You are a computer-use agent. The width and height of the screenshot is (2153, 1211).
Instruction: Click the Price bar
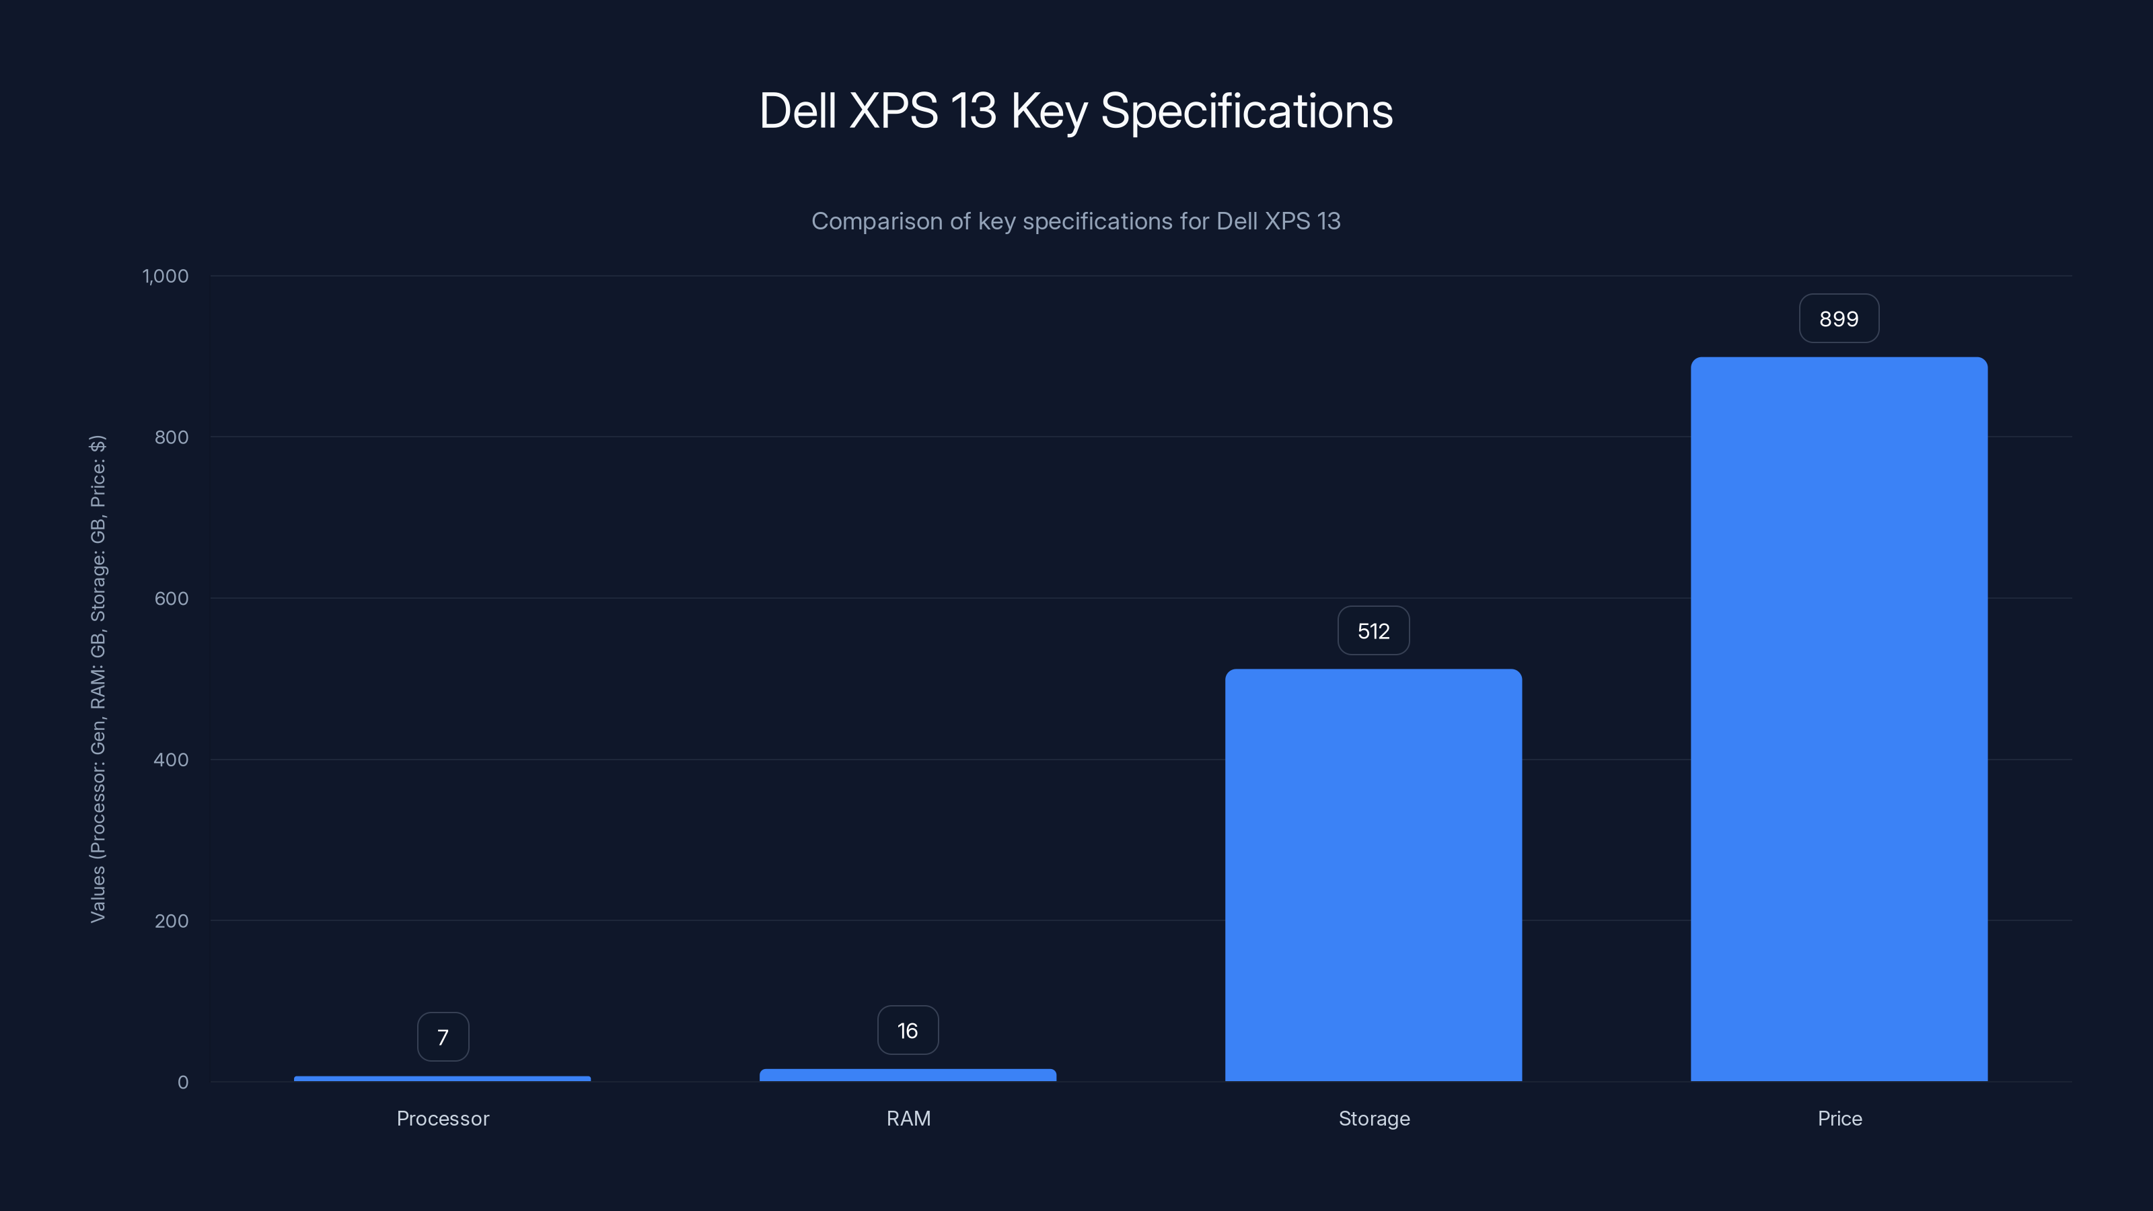(x=1839, y=719)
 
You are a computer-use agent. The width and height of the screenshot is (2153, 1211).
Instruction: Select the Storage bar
(x=1373, y=875)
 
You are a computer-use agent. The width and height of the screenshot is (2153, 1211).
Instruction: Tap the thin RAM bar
(x=908, y=1075)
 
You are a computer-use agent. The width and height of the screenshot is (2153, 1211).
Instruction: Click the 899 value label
(x=1839, y=318)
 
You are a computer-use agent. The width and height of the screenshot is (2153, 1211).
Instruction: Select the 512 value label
(x=1373, y=631)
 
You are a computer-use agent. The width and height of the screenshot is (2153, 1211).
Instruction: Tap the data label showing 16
(x=908, y=1031)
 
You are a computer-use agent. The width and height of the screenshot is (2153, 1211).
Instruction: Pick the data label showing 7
(x=443, y=1037)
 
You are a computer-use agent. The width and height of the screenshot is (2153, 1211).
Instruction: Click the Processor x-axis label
(x=443, y=1118)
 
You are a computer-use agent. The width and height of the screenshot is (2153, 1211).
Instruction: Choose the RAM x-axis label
(x=908, y=1118)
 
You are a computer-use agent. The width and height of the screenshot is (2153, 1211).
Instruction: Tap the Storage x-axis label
(x=1374, y=1118)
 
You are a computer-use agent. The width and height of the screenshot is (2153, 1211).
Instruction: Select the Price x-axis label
(x=1839, y=1118)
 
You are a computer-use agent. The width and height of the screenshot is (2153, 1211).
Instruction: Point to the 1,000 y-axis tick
(x=166, y=276)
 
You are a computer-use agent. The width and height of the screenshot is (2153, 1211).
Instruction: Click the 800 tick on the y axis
(x=172, y=437)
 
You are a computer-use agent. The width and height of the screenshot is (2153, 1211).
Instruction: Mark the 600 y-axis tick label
(x=172, y=598)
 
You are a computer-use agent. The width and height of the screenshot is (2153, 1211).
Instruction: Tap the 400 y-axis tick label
(x=172, y=760)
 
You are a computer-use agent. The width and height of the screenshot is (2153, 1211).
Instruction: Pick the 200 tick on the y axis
(x=172, y=921)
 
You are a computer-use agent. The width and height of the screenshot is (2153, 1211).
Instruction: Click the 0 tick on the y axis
(x=183, y=1082)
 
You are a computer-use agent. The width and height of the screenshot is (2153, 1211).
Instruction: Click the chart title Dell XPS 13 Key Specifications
(x=1076, y=110)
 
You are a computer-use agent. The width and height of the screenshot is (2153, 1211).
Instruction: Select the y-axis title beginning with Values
(x=98, y=679)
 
